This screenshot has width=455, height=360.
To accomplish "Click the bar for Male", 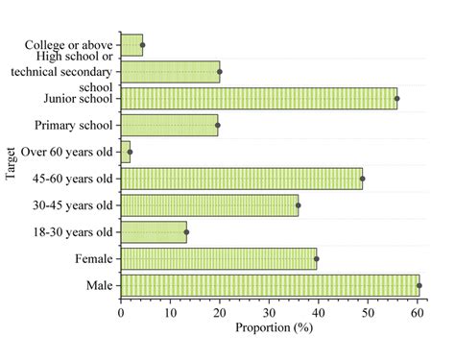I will [x=270, y=285].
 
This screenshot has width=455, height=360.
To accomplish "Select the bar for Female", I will [x=219, y=258].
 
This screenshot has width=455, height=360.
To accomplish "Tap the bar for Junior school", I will [x=259, y=98].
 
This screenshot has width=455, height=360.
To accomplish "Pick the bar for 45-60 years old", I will [x=242, y=179].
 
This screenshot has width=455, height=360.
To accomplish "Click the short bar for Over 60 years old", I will [x=126, y=152].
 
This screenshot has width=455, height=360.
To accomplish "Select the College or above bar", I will [x=132, y=45].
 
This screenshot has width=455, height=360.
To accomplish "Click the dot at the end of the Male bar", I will [x=419, y=285].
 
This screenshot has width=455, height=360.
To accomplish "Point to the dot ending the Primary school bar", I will [x=218, y=125].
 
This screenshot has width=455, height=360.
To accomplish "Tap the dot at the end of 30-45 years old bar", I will [x=298, y=205].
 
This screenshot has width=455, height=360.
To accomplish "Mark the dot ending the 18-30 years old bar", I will [x=186, y=232].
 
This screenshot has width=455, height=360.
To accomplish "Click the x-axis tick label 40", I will [x=319, y=313].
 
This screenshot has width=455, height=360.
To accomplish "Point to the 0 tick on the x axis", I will [x=121, y=313].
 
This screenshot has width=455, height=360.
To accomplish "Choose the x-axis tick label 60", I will [x=417, y=313].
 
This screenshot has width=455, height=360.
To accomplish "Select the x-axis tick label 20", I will [x=220, y=313].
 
